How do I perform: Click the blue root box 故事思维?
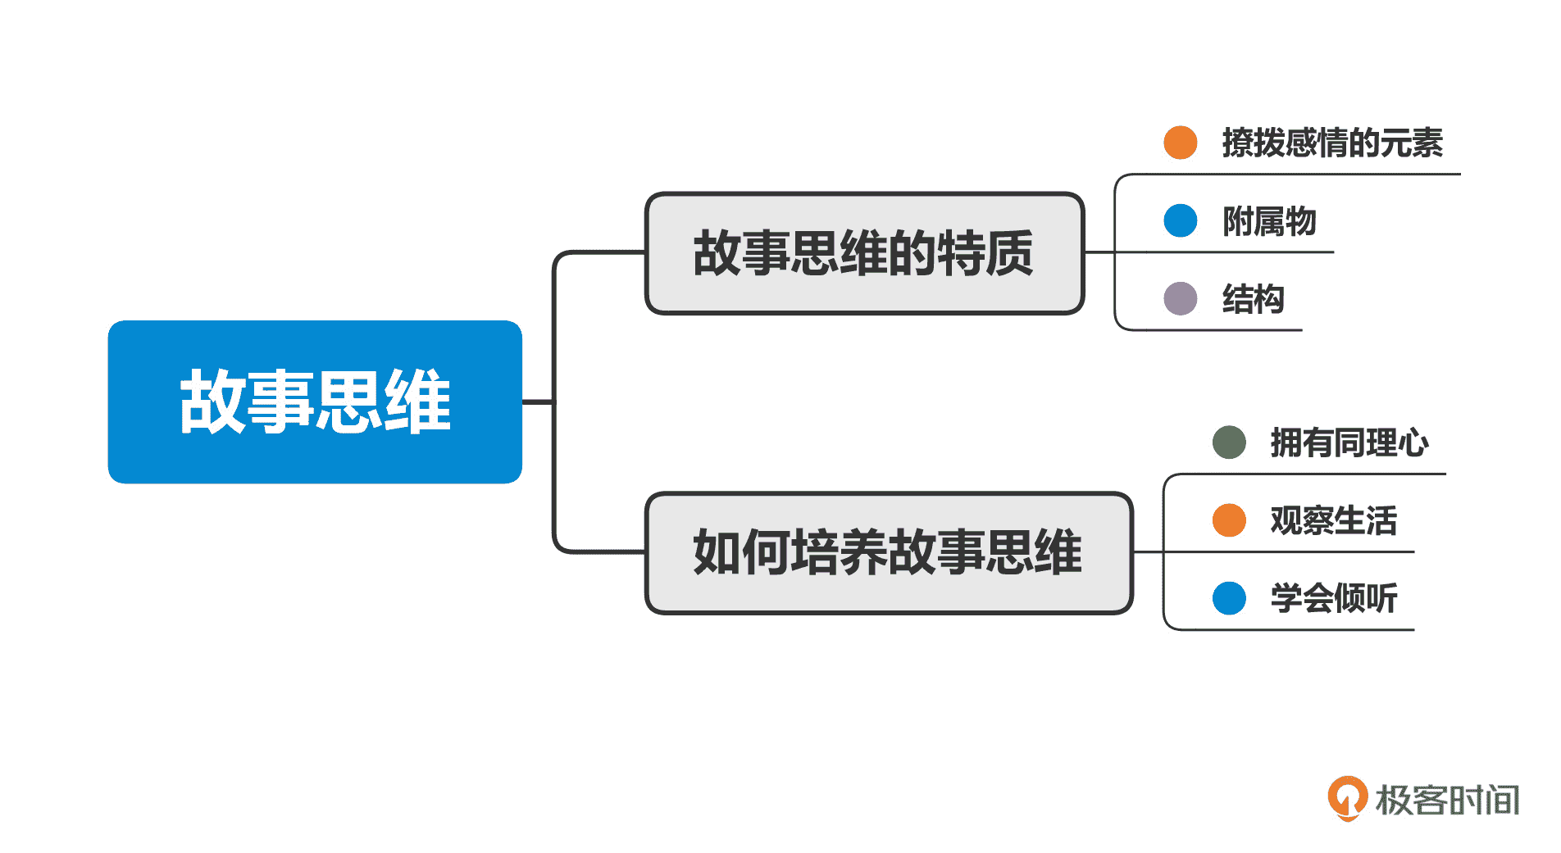click(315, 402)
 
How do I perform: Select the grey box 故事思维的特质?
click(864, 253)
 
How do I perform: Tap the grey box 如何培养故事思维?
click(889, 552)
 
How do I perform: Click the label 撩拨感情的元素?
click(1331, 143)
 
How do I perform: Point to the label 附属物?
click(1269, 221)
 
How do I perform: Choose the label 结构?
click(1253, 299)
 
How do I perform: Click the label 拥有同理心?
click(1349, 442)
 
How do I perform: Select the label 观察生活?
click(1333, 520)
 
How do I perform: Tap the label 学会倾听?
click(1333, 598)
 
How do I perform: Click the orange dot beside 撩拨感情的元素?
click(1181, 143)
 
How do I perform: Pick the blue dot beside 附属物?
click(1181, 220)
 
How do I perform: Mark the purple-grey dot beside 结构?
click(1181, 298)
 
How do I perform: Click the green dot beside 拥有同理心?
click(1229, 442)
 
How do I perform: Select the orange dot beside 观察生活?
click(1229, 520)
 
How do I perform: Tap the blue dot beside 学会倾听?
click(1229, 598)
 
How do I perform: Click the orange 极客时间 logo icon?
click(1347, 797)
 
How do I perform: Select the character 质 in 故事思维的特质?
click(1009, 253)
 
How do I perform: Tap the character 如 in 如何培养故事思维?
click(717, 552)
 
